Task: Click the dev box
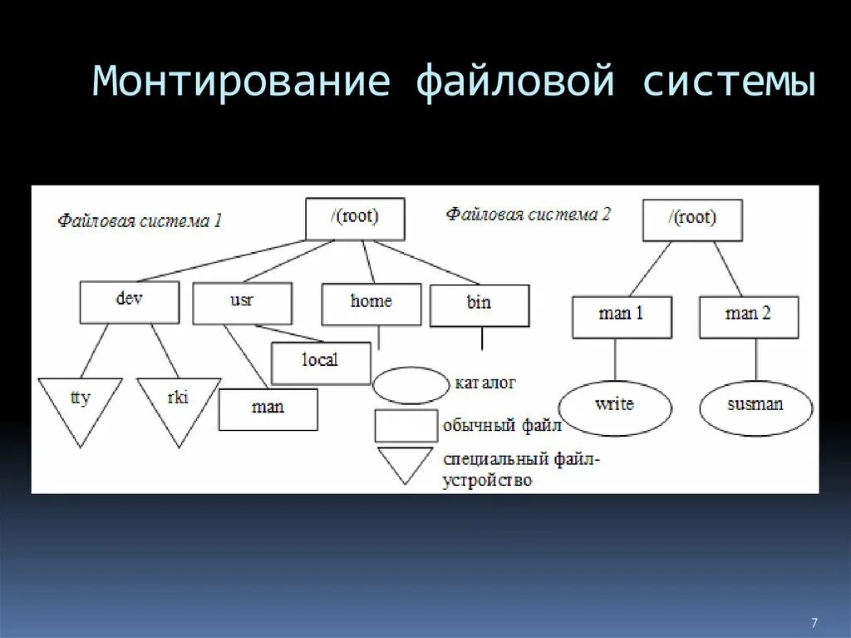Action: (x=129, y=302)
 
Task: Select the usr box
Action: (x=242, y=303)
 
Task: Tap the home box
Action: (x=371, y=304)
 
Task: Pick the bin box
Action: (x=479, y=305)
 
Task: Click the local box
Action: (x=321, y=362)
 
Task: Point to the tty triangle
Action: (x=80, y=403)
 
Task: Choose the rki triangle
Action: (x=178, y=403)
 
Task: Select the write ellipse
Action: (x=615, y=406)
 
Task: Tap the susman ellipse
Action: (x=755, y=407)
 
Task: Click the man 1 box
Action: (x=621, y=316)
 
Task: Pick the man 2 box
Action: (x=748, y=316)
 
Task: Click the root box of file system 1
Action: (x=355, y=219)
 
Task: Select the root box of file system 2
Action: (x=692, y=220)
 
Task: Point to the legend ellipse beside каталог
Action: (x=411, y=386)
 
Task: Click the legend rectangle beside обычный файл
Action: (x=406, y=426)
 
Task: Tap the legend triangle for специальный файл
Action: (x=405, y=462)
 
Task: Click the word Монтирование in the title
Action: (x=241, y=83)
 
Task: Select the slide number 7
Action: (x=814, y=622)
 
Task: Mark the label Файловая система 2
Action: (x=529, y=215)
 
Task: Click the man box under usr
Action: (x=268, y=409)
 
